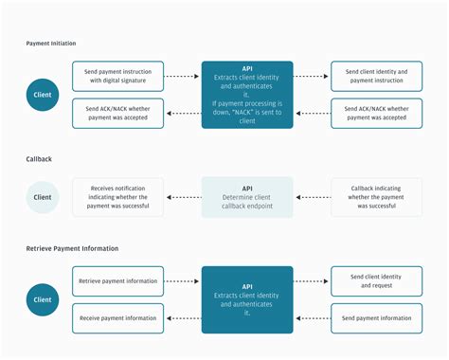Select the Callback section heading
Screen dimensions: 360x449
pyautogui.click(x=39, y=160)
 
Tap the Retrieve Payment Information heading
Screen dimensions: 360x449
pyautogui.click(x=71, y=248)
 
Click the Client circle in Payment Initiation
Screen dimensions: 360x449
pyautogui.click(x=44, y=95)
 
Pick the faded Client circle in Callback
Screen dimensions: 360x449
pyautogui.click(x=44, y=197)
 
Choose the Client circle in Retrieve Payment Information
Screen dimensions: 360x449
pyautogui.click(x=44, y=299)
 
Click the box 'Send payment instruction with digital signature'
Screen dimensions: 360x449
pyautogui.click(x=117, y=76)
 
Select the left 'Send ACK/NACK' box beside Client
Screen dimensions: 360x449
pyautogui.click(x=117, y=113)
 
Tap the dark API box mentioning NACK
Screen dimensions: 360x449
pyautogui.click(x=246, y=95)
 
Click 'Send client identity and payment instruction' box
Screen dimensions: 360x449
pyautogui.click(x=376, y=76)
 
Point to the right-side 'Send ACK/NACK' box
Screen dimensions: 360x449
pyautogui.click(x=376, y=113)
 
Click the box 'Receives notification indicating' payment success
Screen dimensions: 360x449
pyautogui.click(x=117, y=197)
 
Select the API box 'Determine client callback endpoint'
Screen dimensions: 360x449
pyautogui.click(x=246, y=197)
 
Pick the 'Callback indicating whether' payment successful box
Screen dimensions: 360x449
pyautogui.click(x=376, y=197)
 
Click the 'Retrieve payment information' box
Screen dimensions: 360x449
pyautogui.click(x=117, y=281)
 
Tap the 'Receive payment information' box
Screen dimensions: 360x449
pyautogui.click(x=117, y=317)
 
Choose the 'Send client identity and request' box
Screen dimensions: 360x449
pyautogui.click(x=376, y=281)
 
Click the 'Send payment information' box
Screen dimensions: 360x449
pyautogui.click(x=376, y=317)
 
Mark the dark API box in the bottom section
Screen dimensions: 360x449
pyautogui.click(x=246, y=299)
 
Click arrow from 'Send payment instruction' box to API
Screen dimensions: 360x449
pyautogui.click(x=182, y=76)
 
